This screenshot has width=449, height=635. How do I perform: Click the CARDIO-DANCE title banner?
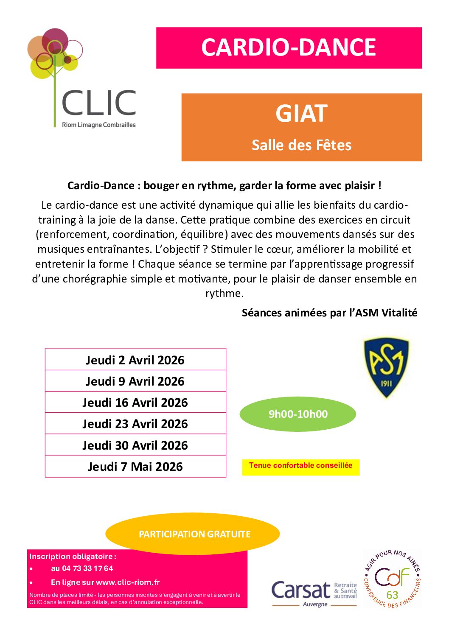[x=289, y=48]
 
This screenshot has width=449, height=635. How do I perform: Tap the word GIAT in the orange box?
[x=301, y=114]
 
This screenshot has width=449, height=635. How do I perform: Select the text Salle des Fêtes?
[x=301, y=145]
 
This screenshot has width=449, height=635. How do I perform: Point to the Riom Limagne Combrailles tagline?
[x=99, y=125]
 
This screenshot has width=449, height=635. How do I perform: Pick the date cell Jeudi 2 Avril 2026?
[x=135, y=360]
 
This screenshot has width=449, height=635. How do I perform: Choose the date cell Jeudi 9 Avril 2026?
[x=135, y=381]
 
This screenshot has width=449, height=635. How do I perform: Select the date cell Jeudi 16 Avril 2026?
[x=135, y=403]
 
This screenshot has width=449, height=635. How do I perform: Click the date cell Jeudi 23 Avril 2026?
[x=135, y=424]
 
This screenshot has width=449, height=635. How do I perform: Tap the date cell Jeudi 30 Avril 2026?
[x=135, y=445]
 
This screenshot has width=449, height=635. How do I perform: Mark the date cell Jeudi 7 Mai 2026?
[x=135, y=467]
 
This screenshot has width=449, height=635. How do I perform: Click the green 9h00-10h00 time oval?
[x=298, y=414]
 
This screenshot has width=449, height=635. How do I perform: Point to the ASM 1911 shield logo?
[x=386, y=367]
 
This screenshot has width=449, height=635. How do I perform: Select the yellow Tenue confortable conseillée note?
[x=300, y=466]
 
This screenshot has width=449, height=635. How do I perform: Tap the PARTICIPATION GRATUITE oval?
[x=194, y=534]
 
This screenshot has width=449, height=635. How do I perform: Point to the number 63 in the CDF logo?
[x=392, y=595]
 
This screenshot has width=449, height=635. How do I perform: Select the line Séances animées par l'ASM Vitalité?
[x=329, y=313]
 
